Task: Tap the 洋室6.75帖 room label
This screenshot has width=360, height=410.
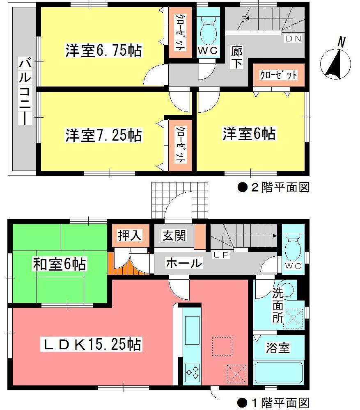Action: (x=103, y=51)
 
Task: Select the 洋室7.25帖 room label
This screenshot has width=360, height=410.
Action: (x=103, y=135)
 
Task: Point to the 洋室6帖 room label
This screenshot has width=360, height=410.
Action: (x=249, y=134)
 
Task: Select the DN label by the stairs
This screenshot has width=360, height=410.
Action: (x=294, y=39)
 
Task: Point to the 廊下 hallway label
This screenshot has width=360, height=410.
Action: (x=236, y=57)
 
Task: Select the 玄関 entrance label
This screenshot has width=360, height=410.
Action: (x=174, y=235)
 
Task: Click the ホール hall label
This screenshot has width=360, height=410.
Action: (x=184, y=263)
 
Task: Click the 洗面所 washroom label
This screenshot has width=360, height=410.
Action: (x=277, y=305)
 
